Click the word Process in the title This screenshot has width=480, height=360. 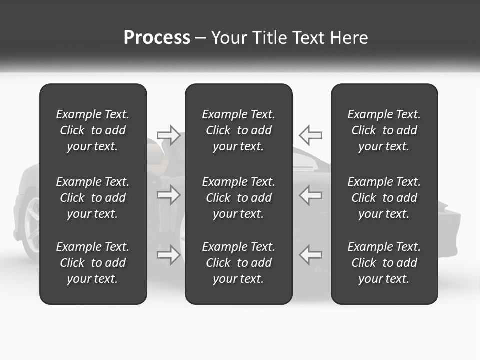(157, 38)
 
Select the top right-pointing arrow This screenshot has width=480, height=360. (169, 135)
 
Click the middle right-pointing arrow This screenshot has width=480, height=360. (169, 195)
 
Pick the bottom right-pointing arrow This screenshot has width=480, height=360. (169, 255)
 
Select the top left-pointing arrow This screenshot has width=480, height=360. (310, 135)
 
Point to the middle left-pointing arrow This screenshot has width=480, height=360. (310, 195)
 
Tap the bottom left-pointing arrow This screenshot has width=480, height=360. (310, 255)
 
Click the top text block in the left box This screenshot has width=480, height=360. (93, 130)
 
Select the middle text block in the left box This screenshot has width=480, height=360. (93, 198)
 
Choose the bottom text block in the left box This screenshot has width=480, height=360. (93, 263)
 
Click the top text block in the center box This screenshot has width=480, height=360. (239, 130)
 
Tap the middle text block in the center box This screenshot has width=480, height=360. (239, 198)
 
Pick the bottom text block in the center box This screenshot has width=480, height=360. (239, 263)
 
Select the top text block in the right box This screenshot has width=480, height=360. (384, 130)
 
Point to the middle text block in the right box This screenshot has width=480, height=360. (384, 198)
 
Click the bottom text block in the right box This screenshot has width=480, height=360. (384, 263)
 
